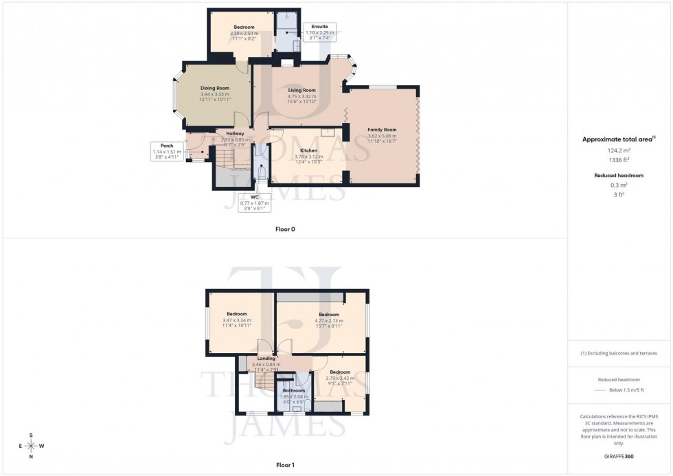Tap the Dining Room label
coord(215,88)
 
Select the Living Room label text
coord(302,90)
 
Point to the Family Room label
coord(382,130)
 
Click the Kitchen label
coord(308,150)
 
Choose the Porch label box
coord(167,146)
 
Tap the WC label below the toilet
coord(253,197)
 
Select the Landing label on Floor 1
coord(266,359)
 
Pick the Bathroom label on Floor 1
coord(293,390)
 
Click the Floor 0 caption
coord(285,229)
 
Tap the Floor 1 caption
coord(285,465)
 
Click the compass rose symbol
coord(31,446)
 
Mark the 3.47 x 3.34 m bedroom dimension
coord(237,320)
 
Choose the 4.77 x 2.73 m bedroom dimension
coord(329,320)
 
